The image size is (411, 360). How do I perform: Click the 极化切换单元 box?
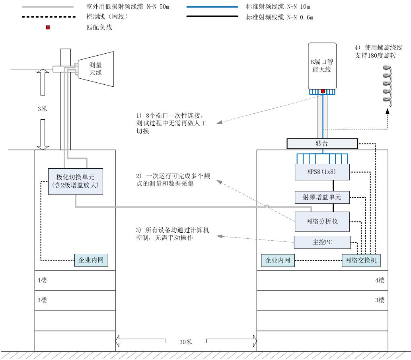point(76,181)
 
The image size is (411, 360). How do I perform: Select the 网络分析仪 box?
point(322,221)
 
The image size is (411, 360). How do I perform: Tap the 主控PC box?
point(322,242)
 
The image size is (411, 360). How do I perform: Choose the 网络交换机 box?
point(361,261)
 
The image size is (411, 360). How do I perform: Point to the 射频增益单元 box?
point(322,197)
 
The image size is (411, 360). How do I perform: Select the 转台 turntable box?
point(322,143)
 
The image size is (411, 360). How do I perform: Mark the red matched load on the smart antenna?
point(323,91)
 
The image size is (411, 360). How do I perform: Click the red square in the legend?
point(48,28)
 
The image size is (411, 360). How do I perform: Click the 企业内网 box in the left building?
point(91,261)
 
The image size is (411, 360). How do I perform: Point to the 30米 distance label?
point(186,341)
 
